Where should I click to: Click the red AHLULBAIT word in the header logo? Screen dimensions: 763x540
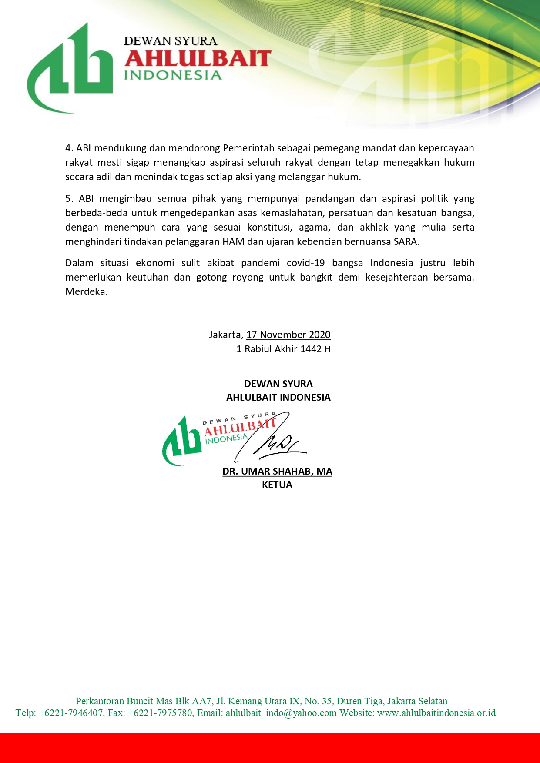[198, 59]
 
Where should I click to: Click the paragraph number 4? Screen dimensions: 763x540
[69, 148]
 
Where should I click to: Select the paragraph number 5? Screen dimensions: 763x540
[69, 199]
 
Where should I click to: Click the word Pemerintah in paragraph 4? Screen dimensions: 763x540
[248, 148]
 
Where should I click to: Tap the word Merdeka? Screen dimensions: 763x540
[86, 292]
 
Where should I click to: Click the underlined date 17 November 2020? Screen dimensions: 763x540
[288, 335]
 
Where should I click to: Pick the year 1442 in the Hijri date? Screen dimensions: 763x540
[311, 349]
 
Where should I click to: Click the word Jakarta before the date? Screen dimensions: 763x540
[225, 335]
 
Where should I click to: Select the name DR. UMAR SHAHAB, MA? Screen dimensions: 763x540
[277, 472]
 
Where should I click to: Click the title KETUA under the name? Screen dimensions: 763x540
[277, 485]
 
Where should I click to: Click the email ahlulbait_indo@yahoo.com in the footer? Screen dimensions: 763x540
[281, 713]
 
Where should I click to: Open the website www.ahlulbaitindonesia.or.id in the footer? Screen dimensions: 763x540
[436, 713]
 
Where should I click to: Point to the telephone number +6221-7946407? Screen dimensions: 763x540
[71, 713]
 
